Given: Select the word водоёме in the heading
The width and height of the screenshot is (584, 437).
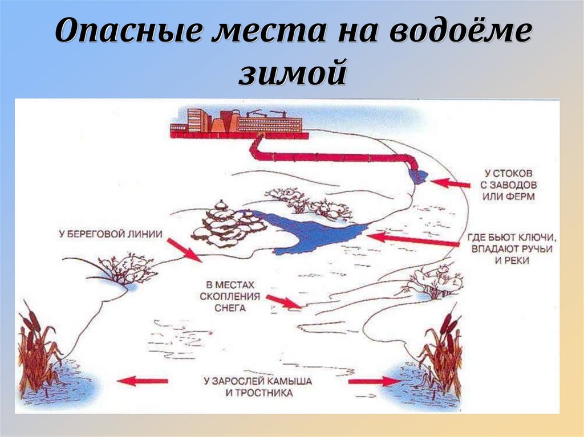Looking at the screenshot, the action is [x=460, y=30].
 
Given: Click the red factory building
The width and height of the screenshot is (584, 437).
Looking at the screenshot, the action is [x=239, y=124].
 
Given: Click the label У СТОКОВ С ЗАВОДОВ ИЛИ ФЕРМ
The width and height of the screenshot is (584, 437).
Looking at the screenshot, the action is [x=508, y=185].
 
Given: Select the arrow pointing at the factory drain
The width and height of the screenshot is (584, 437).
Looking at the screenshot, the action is [x=450, y=183].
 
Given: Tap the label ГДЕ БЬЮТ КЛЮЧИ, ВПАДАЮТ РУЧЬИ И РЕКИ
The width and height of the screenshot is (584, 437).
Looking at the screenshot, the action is [x=512, y=248].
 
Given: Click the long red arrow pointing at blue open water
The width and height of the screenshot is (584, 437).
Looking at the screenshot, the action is [x=413, y=240].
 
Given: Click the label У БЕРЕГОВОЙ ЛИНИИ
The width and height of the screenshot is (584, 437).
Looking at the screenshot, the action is [x=111, y=234].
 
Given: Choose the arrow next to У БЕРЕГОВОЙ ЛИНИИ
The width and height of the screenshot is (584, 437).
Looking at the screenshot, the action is [x=184, y=250].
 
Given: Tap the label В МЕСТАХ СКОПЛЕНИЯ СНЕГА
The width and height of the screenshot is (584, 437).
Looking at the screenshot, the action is [x=230, y=297].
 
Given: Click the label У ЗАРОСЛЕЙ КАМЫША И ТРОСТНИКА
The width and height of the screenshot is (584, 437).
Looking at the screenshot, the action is [x=258, y=387].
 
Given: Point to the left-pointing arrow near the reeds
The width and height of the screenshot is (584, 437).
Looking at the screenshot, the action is [x=142, y=381].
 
